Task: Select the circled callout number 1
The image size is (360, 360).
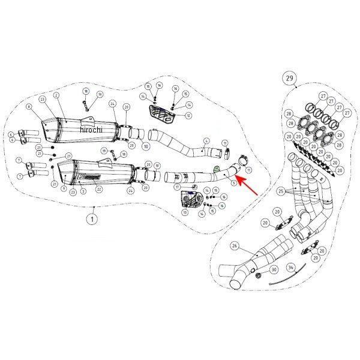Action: point(92,219)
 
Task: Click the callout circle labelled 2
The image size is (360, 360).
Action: point(56,95)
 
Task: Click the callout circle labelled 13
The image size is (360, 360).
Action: point(184,212)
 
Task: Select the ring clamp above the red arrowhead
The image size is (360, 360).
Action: point(242,161)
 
